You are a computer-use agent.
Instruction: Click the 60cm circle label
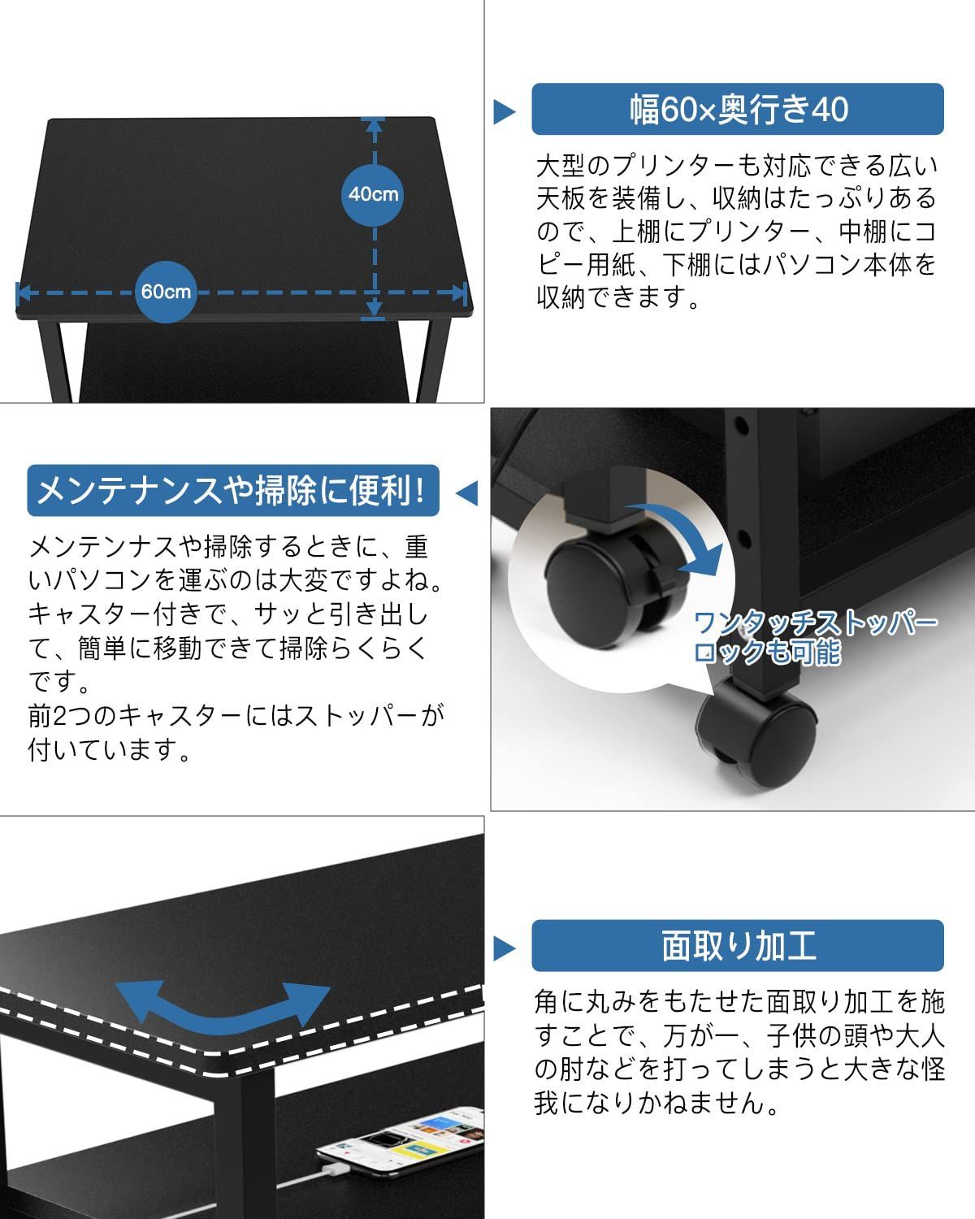(x=165, y=292)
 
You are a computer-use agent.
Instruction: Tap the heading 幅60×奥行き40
(x=738, y=109)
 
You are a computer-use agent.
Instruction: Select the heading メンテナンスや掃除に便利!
(x=232, y=491)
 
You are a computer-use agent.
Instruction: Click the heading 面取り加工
(x=738, y=945)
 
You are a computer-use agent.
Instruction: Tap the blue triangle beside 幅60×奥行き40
(x=504, y=111)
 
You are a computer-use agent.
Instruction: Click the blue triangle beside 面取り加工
(x=504, y=948)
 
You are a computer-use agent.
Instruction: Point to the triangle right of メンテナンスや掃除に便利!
(x=467, y=493)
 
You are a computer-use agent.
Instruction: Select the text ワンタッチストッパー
(x=816, y=624)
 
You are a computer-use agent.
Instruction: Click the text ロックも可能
(x=767, y=652)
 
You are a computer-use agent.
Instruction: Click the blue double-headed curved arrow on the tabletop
(x=223, y=1004)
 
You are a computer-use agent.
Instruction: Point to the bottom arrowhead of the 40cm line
(x=375, y=309)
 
